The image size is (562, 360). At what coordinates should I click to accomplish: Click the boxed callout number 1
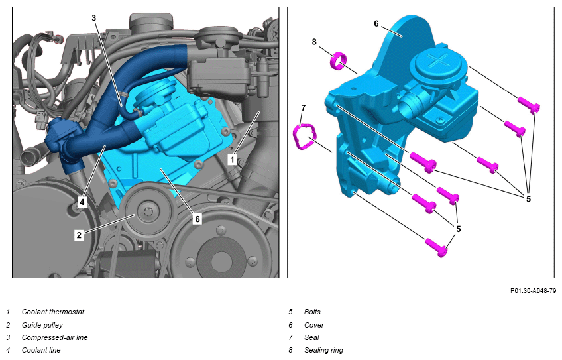point(232,160)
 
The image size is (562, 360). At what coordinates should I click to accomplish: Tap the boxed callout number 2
point(79,235)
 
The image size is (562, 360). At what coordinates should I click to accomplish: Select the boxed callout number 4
point(82,202)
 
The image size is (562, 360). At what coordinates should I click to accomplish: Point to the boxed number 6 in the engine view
point(197,219)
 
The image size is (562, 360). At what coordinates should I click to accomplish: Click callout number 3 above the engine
point(94,18)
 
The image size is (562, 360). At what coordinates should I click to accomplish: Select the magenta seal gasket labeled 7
point(304,137)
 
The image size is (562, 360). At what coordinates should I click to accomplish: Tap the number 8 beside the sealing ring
point(314,42)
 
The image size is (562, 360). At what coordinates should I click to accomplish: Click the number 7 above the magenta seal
point(304,107)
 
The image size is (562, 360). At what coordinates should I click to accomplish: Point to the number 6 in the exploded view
point(376,24)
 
